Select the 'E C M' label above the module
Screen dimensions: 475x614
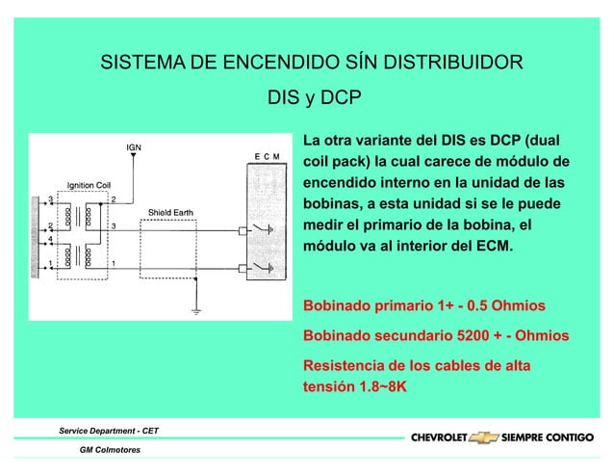coord(267,155)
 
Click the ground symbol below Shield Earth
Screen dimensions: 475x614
coord(195,310)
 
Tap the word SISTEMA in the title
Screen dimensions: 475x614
coord(146,65)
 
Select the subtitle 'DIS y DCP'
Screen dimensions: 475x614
coord(313,98)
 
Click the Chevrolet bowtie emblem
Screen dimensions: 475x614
coord(483,437)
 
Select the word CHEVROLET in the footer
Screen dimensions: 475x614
coord(440,437)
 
